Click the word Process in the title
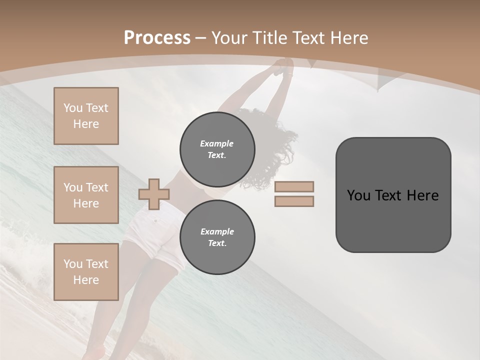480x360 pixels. tap(157, 38)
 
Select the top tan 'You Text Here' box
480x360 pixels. tap(86, 116)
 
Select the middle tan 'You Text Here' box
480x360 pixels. tap(86, 195)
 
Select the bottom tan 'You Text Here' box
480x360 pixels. tap(86, 271)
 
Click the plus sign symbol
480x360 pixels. tap(154, 193)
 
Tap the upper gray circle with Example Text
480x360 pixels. tap(217, 149)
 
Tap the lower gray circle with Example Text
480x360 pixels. tap(217, 237)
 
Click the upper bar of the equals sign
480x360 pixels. tap(294, 186)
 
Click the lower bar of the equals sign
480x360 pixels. tap(294, 201)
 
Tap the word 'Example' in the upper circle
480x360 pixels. tap(217, 143)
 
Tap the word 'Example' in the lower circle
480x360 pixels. tap(217, 231)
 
